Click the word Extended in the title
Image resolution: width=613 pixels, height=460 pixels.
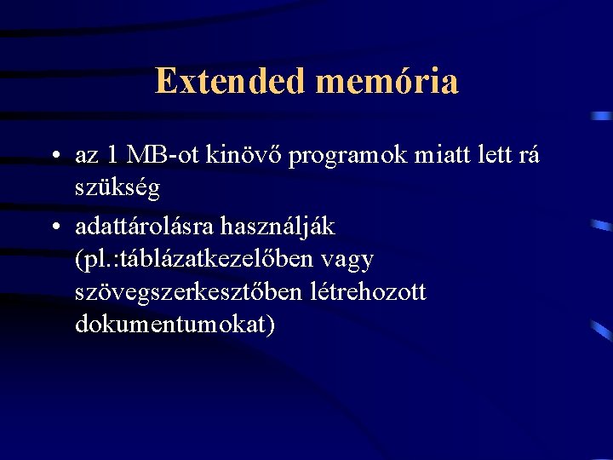pos(231,81)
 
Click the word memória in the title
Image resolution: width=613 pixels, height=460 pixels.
pos(387,81)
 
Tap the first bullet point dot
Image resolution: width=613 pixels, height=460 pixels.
pos(54,157)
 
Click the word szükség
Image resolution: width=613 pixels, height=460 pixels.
pos(117,189)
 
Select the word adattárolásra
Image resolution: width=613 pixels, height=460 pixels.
pos(145,227)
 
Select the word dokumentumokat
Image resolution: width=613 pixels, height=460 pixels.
pos(175,325)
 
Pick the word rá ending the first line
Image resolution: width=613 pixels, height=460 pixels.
pos(529,156)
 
